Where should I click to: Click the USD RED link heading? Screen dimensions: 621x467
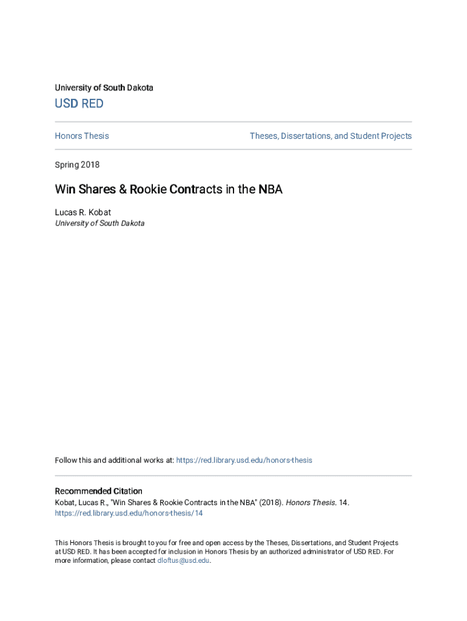(x=79, y=104)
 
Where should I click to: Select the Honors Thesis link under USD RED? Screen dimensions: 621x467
(x=82, y=136)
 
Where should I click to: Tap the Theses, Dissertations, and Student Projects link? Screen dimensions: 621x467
(x=331, y=136)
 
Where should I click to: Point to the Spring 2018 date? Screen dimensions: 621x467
(x=77, y=165)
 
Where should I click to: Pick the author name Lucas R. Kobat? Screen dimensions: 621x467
(x=83, y=213)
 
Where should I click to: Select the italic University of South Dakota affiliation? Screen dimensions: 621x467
(x=99, y=223)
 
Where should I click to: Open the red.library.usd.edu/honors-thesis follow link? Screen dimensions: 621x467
(x=244, y=460)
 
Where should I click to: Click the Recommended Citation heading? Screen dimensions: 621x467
(x=98, y=491)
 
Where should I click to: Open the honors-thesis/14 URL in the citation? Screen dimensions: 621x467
(x=129, y=513)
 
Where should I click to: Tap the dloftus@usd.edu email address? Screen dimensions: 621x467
(x=183, y=560)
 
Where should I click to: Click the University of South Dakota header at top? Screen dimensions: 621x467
(x=104, y=88)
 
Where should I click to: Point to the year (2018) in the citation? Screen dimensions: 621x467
(x=270, y=503)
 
